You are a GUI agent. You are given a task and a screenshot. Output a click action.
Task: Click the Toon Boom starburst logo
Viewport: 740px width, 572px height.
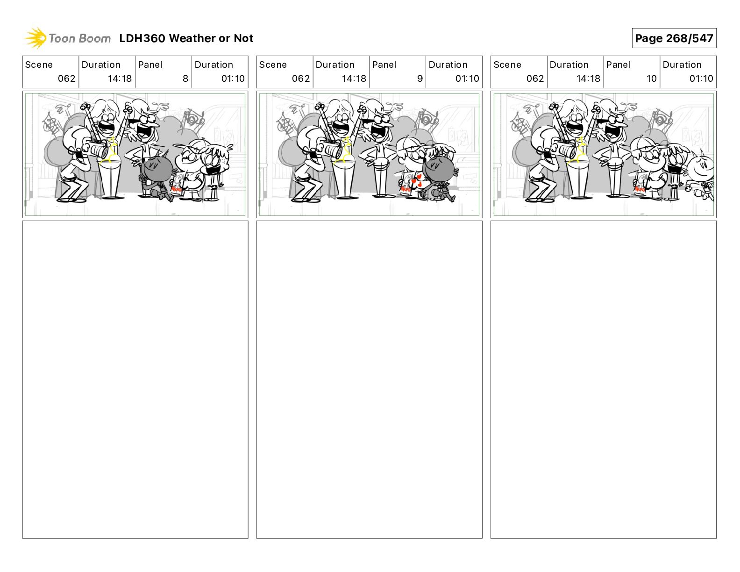click(x=36, y=38)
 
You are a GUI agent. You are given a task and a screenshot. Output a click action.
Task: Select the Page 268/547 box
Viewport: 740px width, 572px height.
click(x=674, y=38)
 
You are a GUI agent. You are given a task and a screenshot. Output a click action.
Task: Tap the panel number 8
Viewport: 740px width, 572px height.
click(x=185, y=79)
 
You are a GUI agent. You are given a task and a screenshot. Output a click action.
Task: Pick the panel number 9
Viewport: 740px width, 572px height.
click(x=420, y=79)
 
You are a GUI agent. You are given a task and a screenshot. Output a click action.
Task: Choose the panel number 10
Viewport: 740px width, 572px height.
click(x=651, y=79)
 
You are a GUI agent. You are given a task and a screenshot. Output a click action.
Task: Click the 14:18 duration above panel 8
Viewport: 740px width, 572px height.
click(x=120, y=79)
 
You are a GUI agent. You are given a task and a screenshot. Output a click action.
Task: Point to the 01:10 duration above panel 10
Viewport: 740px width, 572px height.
click(x=701, y=79)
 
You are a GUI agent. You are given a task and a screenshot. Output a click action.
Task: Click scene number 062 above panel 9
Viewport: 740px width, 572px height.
click(x=301, y=79)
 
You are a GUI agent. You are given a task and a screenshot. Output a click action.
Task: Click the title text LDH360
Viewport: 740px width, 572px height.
click(x=142, y=38)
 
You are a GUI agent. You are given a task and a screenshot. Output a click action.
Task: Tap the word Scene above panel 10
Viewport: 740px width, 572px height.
click(x=507, y=65)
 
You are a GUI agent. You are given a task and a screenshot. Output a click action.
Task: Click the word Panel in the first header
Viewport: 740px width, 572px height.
click(x=150, y=65)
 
